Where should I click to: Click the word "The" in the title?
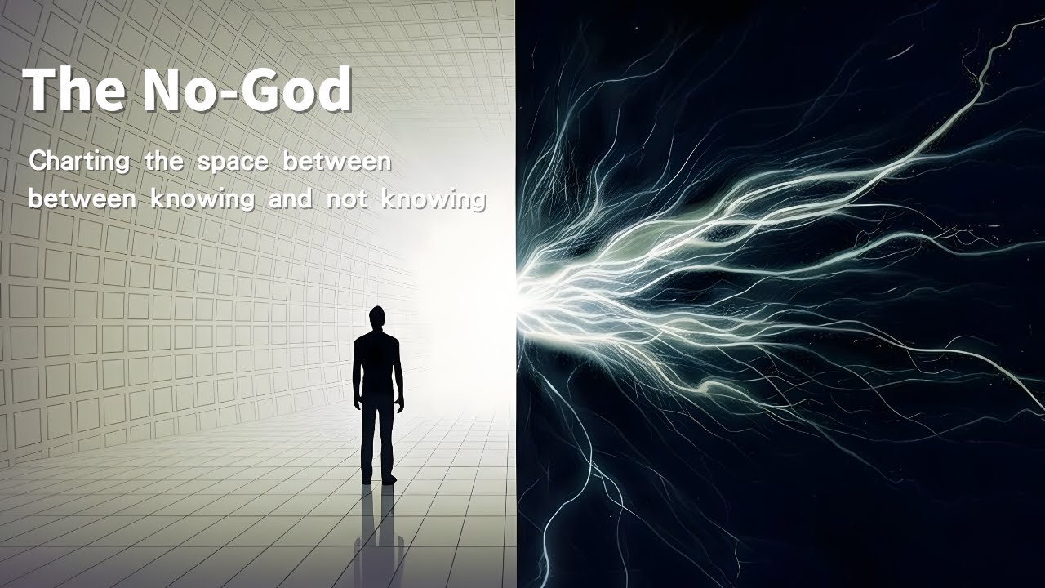[73, 89]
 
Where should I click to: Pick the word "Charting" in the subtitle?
[79, 163]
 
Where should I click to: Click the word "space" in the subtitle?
[233, 163]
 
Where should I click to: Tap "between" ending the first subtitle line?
[337, 162]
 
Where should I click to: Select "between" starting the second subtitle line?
[82, 198]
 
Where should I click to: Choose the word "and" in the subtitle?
[290, 198]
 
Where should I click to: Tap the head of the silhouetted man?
[377, 318]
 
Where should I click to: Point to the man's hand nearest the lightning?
[399, 406]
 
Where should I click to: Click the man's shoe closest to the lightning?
[389, 479]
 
